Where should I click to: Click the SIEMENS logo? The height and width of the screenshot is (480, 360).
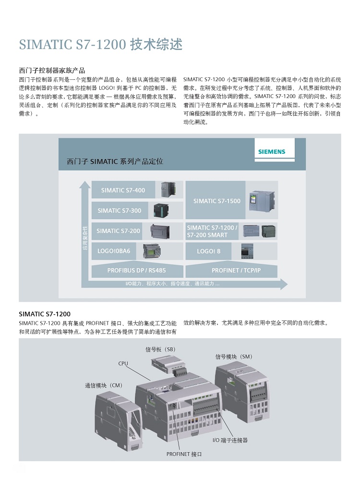(272, 151)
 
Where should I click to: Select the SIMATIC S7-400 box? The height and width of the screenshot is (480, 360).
(123, 190)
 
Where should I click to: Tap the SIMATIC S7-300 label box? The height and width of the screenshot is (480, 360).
(120, 210)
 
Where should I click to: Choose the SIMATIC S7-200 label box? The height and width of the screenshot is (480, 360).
(119, 231)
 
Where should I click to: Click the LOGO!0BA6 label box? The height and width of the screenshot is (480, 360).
(114, 251)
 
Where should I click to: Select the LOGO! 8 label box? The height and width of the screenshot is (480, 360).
(209, 251)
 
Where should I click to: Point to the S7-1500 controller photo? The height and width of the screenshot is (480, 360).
(262, 200)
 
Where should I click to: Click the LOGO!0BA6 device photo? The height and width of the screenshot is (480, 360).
(152, 251)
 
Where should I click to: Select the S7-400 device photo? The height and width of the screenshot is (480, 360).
(168, 189)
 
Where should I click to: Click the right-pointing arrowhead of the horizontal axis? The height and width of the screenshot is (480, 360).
(284, 284)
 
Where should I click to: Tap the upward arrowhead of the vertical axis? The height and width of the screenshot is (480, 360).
(85, 185)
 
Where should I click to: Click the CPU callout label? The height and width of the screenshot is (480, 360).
(123, 363)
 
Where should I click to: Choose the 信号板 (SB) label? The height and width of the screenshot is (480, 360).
(160, 349)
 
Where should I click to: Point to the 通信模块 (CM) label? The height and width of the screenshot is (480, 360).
(103, 385)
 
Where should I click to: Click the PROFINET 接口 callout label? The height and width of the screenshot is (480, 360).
(184, 454)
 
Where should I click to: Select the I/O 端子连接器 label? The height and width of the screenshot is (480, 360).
(230, 440)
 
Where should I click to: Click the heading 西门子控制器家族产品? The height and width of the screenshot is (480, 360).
(52, 71)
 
